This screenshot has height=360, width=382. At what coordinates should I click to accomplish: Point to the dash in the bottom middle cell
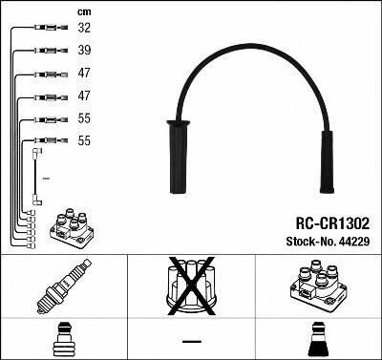[192, 340]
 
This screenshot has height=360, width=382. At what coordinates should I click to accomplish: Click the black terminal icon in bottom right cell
[317, 340]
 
